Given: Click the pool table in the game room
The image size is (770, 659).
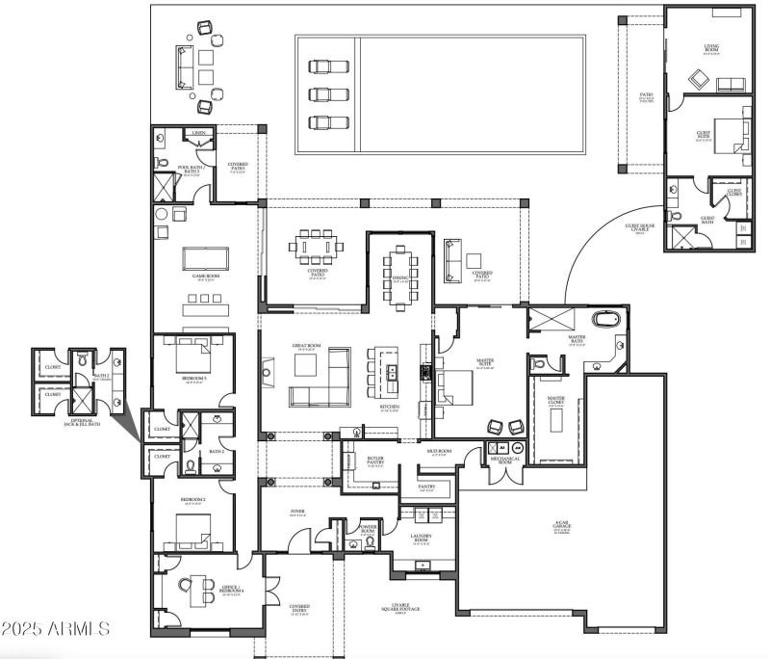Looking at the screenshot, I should click(207, 257).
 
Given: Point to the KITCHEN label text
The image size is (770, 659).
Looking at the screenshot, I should click(389, 408).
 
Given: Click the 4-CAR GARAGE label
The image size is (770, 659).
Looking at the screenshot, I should click(562, 527).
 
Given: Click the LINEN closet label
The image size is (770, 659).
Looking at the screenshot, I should click(198, 133).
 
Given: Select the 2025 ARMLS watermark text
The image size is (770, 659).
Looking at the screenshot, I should click(55, 629).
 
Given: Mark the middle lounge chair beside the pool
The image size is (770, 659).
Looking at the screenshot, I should click(324, 94).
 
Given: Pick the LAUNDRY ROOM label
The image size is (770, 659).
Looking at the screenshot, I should click(422, 538).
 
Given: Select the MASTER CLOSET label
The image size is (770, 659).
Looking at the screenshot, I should click(555, 400).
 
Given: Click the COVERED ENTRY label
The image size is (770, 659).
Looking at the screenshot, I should click(299, 608).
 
